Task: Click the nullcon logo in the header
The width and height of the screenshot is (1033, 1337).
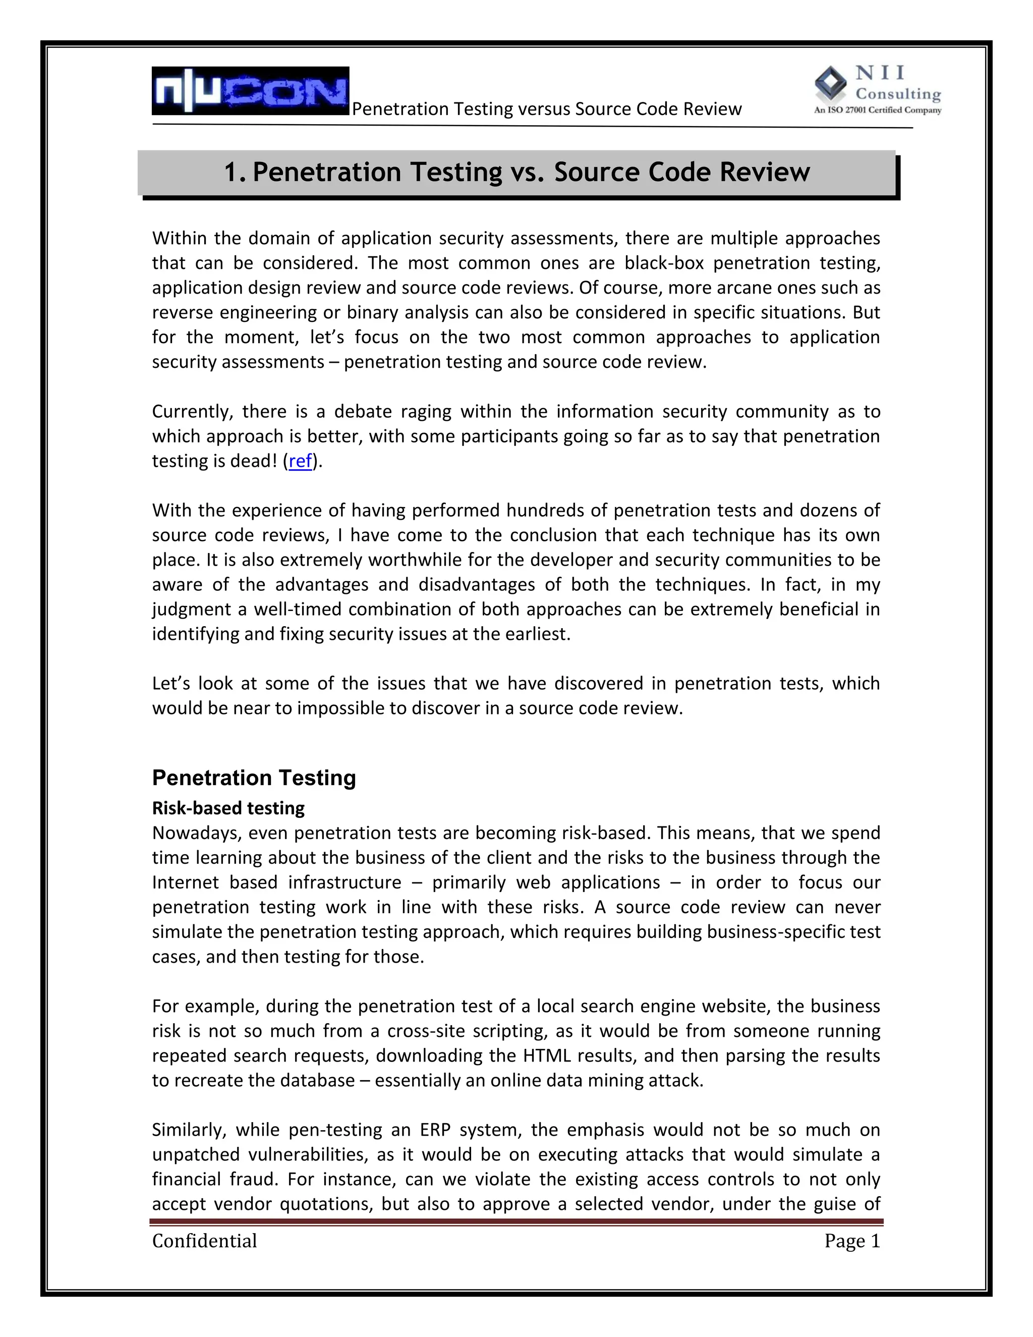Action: (x=250, y=91)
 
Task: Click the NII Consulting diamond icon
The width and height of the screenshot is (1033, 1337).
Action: (x=830, y=83)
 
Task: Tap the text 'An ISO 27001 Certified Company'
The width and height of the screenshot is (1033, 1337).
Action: (x=877, y=111)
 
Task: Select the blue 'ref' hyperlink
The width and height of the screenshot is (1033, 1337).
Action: (x=300, y=461)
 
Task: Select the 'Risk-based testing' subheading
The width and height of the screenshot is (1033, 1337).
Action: (x=228, y=808)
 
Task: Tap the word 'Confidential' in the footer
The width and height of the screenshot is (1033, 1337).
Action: (x=204, y=1241)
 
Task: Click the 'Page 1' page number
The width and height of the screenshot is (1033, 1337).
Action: (x=851, y=1241)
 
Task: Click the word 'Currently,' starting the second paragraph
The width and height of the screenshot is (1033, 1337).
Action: (x=192, y=411)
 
